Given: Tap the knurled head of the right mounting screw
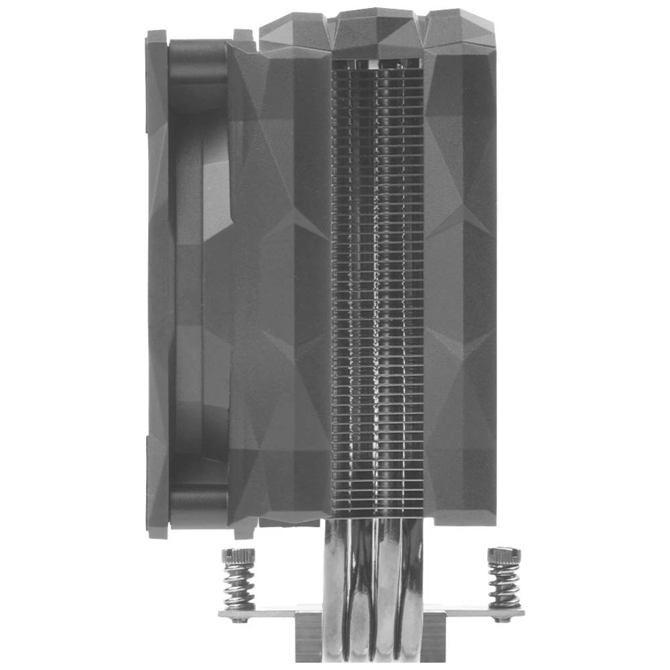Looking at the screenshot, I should pos(504,555).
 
